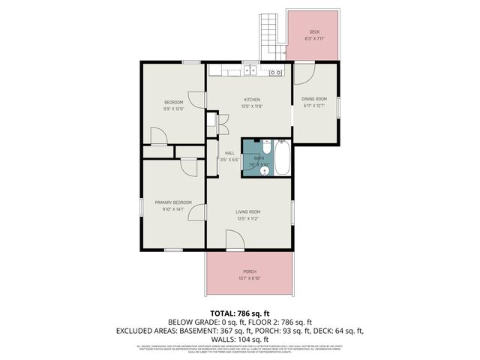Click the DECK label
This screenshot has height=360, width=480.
point(313,31)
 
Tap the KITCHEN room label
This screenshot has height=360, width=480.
point(251,100)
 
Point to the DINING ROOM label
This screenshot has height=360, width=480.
point(314,99)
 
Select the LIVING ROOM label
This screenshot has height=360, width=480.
point(247,212)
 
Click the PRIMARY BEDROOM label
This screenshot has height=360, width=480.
point(173,202)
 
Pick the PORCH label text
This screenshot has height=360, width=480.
point(250,271)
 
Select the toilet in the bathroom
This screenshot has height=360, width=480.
point(264,170)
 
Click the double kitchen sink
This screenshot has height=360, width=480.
point(250,72)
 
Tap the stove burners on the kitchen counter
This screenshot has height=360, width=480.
point(275,72)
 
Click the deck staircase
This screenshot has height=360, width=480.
point(269,37)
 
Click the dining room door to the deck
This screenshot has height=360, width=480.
point(304,73)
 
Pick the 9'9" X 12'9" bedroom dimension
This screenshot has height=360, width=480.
point(173,109)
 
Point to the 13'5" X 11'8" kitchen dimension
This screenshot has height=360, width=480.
point(251,106)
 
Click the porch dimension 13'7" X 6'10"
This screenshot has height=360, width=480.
point(250,277)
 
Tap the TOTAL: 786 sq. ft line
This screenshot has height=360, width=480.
point(240,313)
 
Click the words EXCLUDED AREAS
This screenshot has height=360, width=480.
point(142,330)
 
